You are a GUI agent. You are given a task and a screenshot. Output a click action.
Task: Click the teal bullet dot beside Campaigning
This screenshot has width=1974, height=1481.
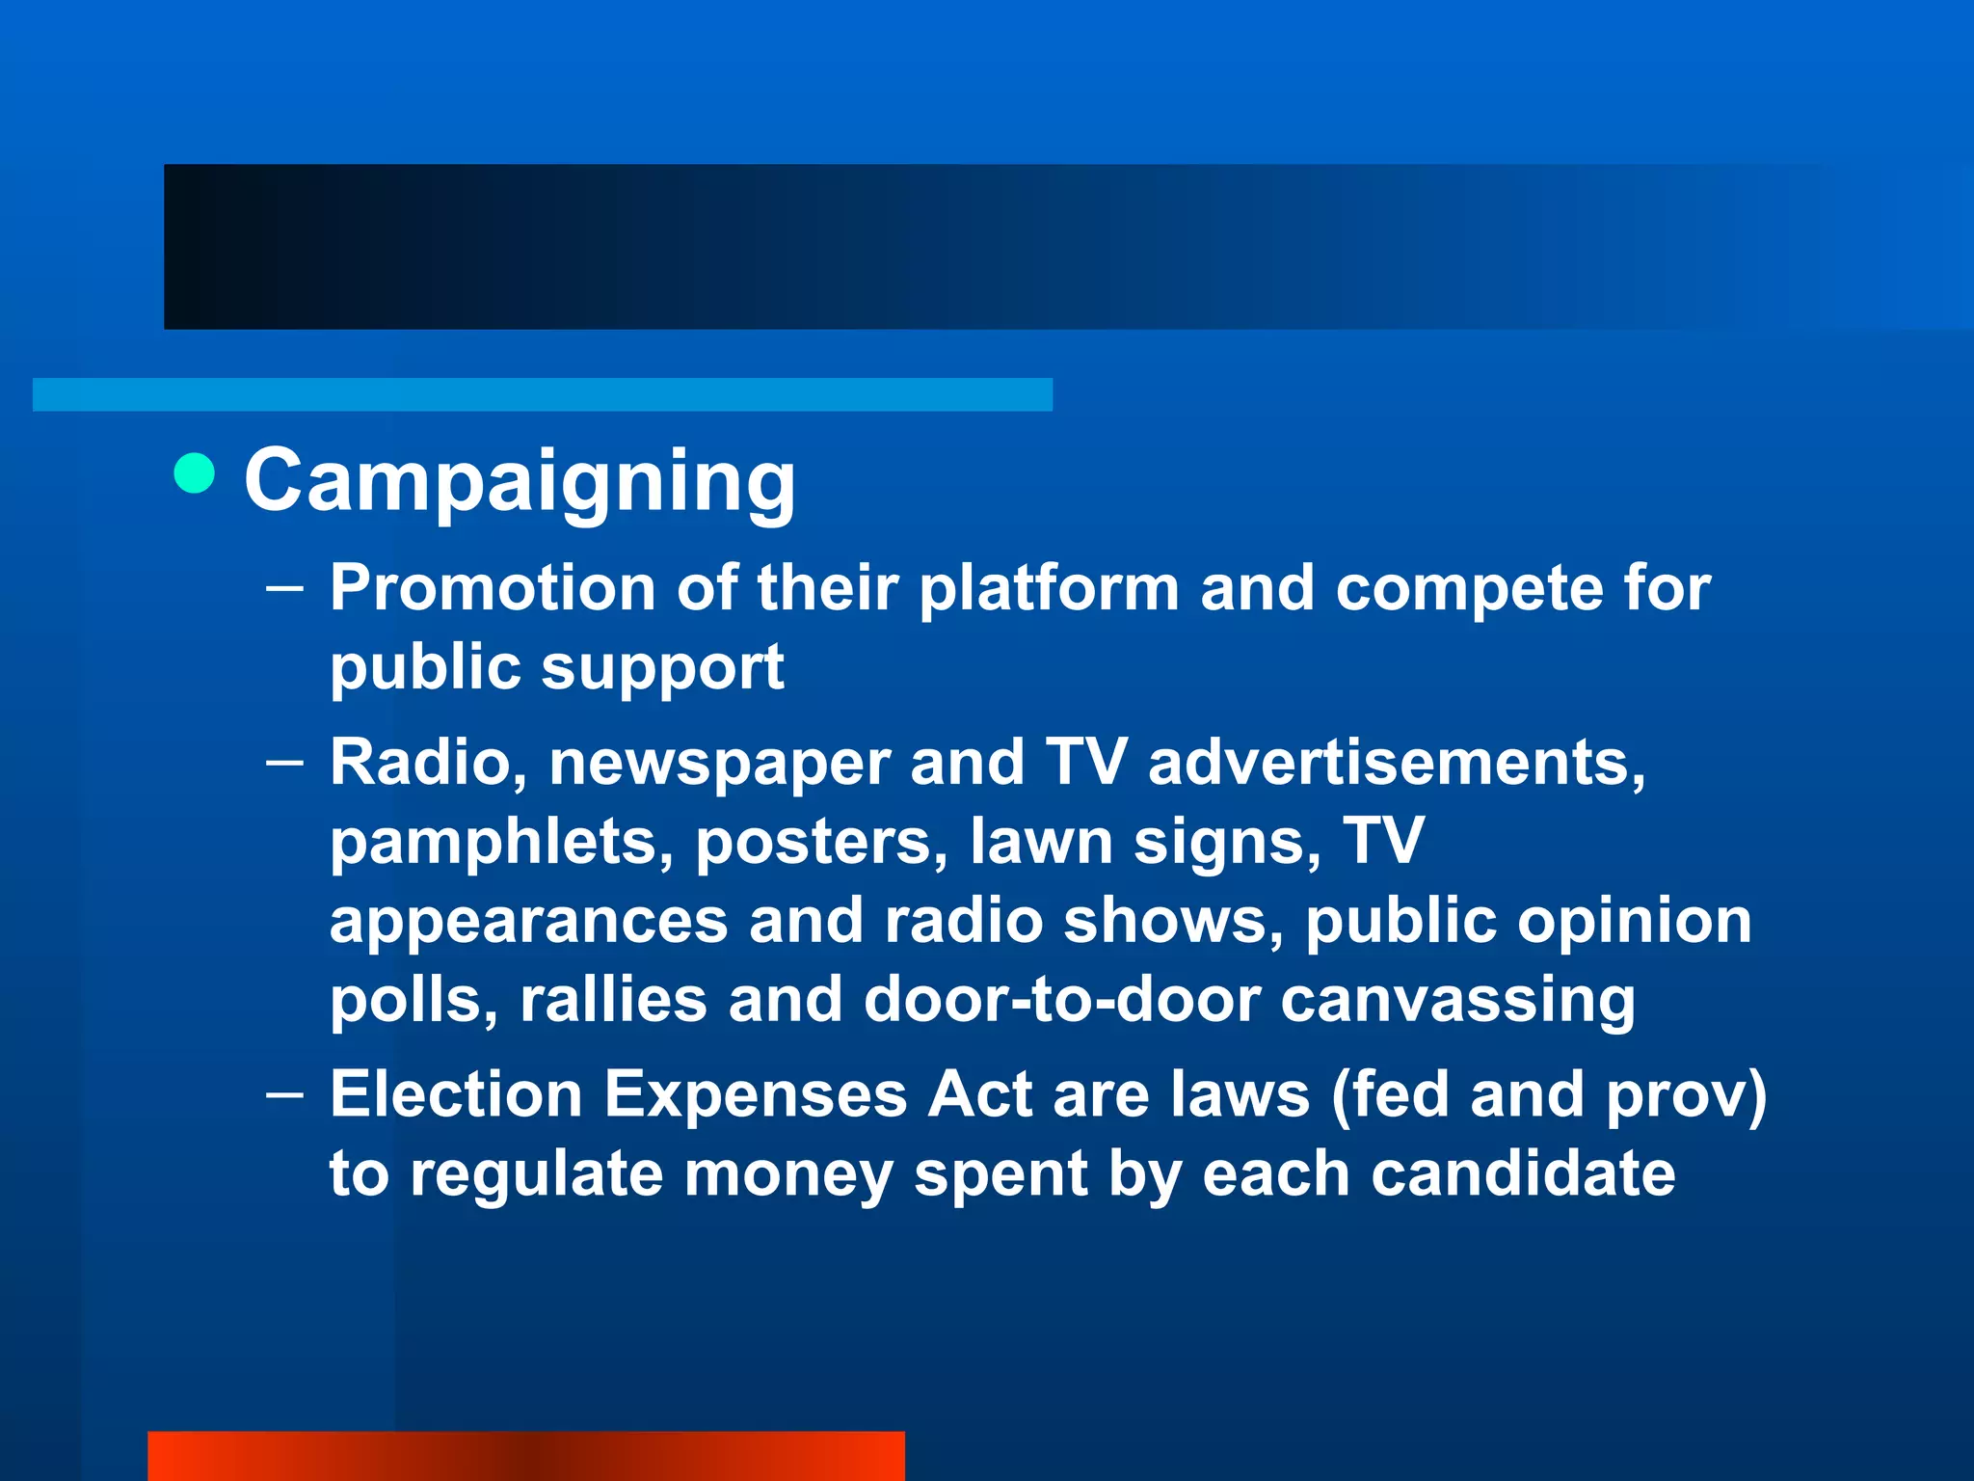click(x=195, y=473)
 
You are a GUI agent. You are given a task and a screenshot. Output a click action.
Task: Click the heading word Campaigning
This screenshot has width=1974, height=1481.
click(x=520, y=481)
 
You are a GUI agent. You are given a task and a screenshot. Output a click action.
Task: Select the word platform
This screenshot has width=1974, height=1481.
click(x=1049, y=590)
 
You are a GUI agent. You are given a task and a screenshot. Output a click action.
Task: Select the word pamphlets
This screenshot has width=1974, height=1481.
click(x=501, y=843)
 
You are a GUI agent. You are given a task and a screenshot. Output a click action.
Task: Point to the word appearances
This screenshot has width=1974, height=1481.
click(x=528, y=922)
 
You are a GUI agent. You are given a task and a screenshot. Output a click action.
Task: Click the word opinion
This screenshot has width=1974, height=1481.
click(x=1635, y=922)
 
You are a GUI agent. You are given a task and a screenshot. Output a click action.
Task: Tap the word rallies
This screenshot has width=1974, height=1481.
click(x=613, y=999)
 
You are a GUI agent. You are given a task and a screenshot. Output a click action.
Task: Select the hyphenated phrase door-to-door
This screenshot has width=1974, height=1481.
click(x=1062, y=999)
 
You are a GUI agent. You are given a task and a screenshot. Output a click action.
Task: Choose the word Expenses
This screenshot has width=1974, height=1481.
click(x=756, y=1095)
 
